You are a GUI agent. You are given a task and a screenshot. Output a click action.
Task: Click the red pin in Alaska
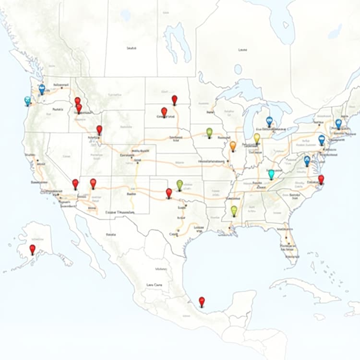click(x=32, y=249)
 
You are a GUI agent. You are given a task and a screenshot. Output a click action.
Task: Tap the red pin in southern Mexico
click(x=202, y=301)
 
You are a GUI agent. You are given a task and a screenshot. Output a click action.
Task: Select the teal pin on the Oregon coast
click(x=28, y=101)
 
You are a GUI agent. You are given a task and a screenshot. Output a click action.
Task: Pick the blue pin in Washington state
click(x=42, y=89)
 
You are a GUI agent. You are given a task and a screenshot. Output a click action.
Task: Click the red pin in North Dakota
click(x=175, y=99)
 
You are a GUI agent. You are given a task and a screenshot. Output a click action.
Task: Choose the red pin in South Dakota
click(x=164, y=111)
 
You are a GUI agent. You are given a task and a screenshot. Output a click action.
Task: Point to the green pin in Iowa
click(x=209, y=132)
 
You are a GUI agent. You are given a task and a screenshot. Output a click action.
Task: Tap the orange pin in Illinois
click(x=233, y=145)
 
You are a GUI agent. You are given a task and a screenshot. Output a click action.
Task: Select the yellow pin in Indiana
click(x=257, y=138)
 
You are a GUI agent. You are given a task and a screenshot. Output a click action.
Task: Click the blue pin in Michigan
click(x=269, y=121)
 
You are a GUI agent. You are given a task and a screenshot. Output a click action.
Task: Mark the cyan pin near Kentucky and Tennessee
click(x=271, y=174)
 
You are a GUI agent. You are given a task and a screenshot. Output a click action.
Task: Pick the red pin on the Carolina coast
click(x=321, y=179)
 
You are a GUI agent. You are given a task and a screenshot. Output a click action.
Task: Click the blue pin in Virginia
click(x=307, y=160)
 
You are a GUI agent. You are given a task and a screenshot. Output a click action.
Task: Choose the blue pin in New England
click(x=338, y=123)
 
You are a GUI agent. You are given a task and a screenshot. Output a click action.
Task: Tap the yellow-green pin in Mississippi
click(x=234, y=210)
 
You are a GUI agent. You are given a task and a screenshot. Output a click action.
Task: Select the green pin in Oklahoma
click(x=180, y=184)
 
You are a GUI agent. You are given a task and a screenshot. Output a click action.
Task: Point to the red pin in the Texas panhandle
click(x=169, y=193)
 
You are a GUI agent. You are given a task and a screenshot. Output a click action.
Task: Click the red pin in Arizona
click(x=93, y=183)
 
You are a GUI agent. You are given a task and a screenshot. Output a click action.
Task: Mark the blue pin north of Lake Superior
click(x=238, y=69)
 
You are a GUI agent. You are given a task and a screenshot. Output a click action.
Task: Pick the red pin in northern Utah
click(x=99, y=130)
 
